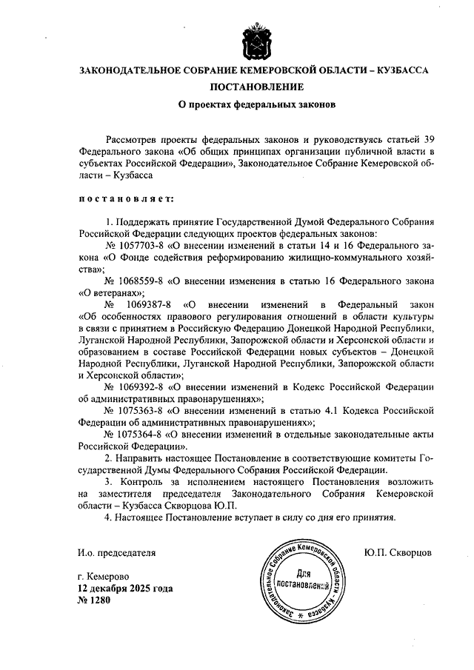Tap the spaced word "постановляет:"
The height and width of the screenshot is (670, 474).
click(125, 199)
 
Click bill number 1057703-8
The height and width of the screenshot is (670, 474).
click(140, 244)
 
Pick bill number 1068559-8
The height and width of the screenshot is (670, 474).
click(140, 281)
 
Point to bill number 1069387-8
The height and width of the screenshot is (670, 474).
click(153, 304)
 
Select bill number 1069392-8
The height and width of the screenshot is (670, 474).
click(140, 387)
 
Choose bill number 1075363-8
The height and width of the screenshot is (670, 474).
click(140, 411)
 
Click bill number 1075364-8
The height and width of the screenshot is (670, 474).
click(140, 435)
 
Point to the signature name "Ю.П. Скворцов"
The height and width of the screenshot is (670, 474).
click(398, 552)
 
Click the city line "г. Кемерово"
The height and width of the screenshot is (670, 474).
click(104, 577)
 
